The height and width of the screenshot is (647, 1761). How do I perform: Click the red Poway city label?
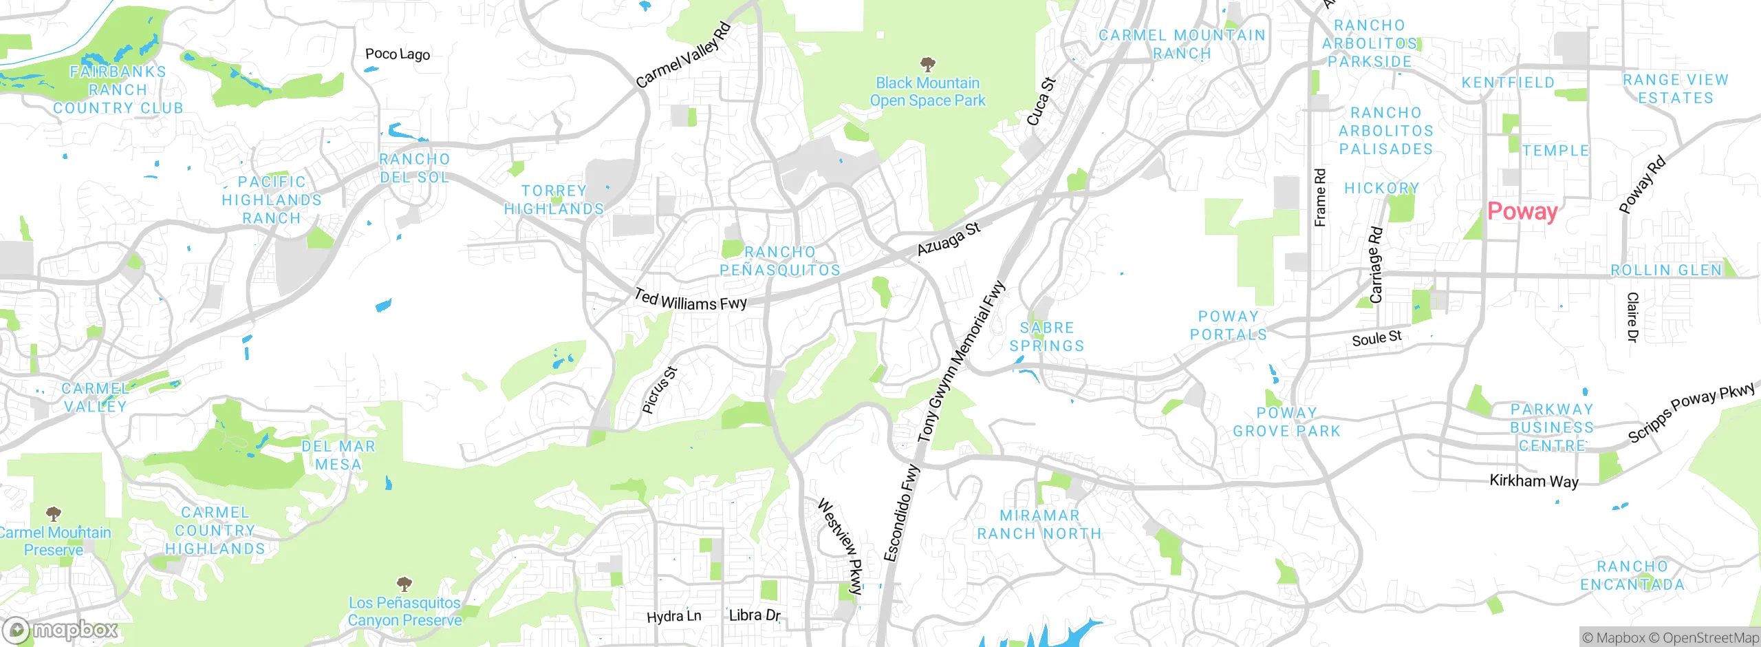[x=1522, y=211]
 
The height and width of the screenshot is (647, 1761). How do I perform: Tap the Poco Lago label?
[x=398, y=54]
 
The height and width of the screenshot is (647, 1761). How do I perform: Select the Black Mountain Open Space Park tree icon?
[x=927, y=65]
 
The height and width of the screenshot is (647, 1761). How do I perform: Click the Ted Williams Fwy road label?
[x=690, y=301]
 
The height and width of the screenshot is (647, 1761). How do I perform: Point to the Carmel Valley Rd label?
[x=683, y=55]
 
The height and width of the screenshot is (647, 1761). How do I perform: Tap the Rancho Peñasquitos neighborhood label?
[x=780, y=261]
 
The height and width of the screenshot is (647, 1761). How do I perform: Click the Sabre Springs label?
[x=1046, y=337]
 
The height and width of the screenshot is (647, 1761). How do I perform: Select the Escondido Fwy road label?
[x=901, y=513]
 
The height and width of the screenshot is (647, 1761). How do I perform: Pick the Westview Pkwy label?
[x=841, y=546]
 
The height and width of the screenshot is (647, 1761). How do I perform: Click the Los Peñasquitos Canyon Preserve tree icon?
[x=404, y=584]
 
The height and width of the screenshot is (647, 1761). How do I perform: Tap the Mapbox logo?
[x=61, y=630]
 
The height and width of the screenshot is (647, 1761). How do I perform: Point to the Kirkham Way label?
[x=1533, y=480]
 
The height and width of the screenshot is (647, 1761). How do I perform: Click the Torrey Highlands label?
[x=554, y=200]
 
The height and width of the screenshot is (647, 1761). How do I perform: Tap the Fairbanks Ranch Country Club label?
[x=118, y=89]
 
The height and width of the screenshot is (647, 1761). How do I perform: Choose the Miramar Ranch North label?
[x=1039, y=524]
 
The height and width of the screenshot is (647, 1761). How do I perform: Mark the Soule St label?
[x=1376, y=338]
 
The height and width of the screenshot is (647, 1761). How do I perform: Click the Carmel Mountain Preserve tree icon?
[x=54, y=513]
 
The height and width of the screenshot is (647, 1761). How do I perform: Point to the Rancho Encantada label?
[x=1632, y=575]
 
